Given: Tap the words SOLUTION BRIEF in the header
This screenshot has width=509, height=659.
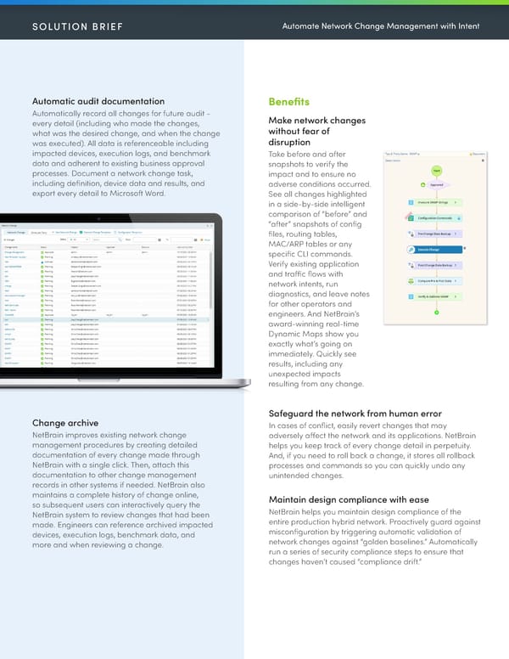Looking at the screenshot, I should (77, 26).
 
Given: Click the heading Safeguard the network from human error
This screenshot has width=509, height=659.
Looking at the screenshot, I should (354, 414).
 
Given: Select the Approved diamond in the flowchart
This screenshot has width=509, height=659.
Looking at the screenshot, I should (435, 184).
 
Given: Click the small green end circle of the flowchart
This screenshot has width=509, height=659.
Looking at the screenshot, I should (436, 313).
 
